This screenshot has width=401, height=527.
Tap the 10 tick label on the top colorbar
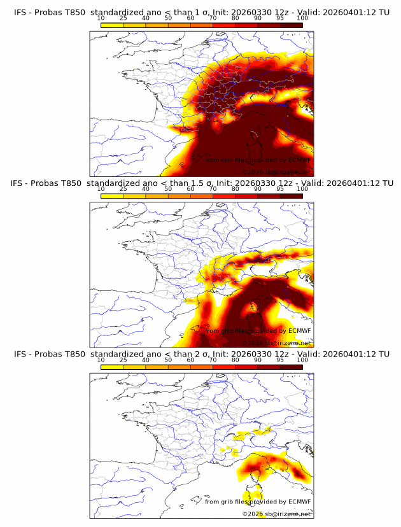point(101,18)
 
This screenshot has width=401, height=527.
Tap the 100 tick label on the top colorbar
point(303,18)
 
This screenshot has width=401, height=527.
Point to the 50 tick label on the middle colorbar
point(168,189)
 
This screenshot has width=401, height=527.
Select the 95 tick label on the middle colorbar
point(280,189)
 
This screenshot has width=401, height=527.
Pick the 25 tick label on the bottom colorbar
point(123,360)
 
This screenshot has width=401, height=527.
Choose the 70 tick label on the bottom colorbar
point(213,360)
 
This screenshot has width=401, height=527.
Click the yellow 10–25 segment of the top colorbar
point(112,25)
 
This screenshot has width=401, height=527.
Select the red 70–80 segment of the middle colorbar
point(224,195)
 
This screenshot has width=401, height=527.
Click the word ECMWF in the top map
point(300,160)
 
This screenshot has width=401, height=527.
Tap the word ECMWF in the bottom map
point(300,502)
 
